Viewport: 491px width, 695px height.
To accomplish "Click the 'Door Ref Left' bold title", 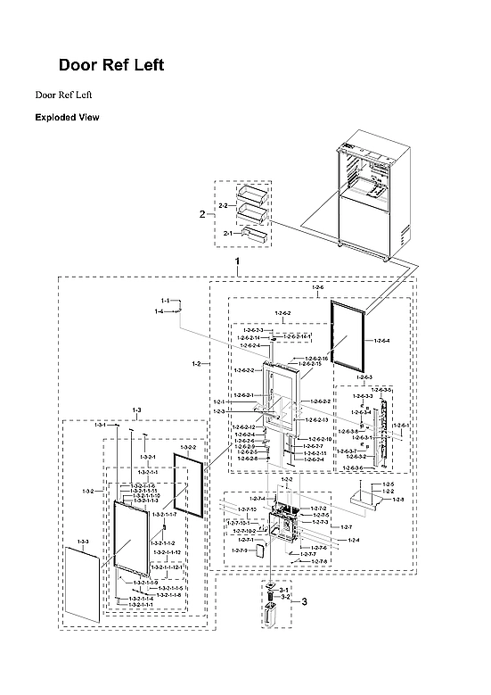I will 110,65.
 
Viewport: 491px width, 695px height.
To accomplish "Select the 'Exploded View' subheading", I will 67,117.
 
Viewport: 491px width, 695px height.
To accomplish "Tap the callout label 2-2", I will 223,205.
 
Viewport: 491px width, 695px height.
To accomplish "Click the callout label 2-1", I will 227,233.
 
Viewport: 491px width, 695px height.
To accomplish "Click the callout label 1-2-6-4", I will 381,341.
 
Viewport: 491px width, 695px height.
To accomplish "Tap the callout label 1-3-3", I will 83,542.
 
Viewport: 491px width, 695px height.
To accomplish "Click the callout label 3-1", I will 285,591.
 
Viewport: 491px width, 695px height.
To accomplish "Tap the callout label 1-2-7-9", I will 240,550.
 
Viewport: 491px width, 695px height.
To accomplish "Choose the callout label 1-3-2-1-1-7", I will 164,515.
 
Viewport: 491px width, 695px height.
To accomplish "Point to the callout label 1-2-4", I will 354,541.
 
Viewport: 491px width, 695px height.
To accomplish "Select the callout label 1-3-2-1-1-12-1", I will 167,567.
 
